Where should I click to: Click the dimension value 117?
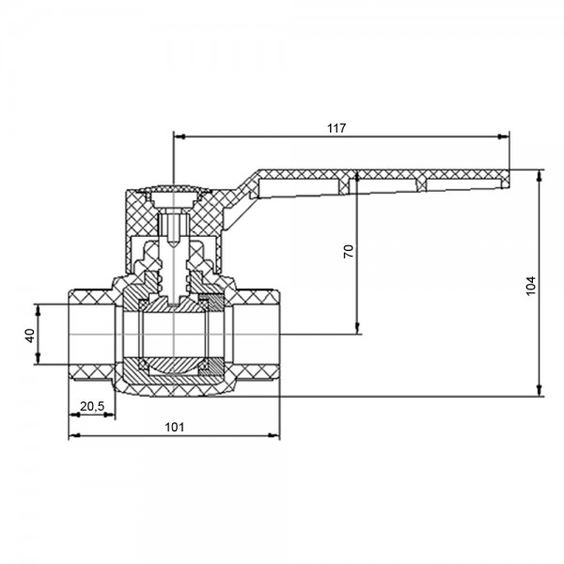click(x=337, y=128)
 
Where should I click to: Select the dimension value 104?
click(x=531, y=286)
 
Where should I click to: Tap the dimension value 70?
click(x=349, y=251)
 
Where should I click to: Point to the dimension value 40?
click(x=30, y=336)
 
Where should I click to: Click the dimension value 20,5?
click(x=92, y=406)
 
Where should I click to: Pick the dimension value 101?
click(x=175, y=427)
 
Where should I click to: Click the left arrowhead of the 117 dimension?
click(x=180, y=136)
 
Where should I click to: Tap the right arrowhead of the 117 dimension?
click(x=504, y=136)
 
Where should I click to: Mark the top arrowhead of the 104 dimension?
click(x=539, y=175)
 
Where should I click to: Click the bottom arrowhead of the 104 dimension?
click(x=539, y=391)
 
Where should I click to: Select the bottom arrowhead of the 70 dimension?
click(x=357, y=328)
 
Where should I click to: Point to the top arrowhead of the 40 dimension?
click(x=39, y=310)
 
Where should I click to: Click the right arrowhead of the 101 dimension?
click(x=274, y=435)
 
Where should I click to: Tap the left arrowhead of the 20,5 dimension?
click(x=74, y=415)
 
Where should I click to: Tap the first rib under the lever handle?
click(x=344, y=185)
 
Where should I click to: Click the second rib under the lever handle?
click(x=421, y=184)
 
